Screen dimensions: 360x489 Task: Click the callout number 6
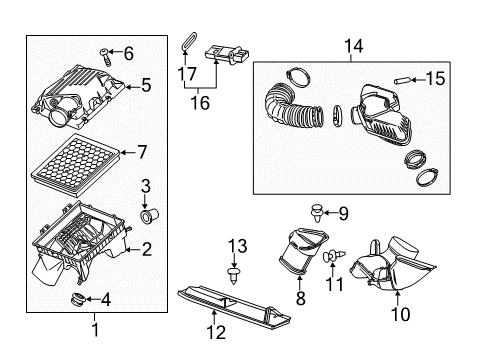(x=127, y=53)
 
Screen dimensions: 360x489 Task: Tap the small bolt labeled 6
(x=104, y=53)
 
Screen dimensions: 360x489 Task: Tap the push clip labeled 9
(x=317, y=212)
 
